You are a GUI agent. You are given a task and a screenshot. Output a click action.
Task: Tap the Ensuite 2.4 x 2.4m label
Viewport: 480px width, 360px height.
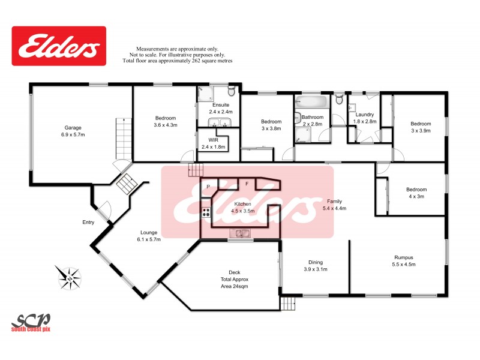(221, 108)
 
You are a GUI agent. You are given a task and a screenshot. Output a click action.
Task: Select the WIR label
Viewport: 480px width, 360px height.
(213, 143)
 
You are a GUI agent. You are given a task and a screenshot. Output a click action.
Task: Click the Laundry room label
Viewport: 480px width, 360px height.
(364, 118)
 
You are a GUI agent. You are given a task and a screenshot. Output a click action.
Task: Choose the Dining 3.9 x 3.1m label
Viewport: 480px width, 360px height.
(315, 265)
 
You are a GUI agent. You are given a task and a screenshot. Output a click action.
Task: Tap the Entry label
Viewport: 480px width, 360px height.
(88, 223)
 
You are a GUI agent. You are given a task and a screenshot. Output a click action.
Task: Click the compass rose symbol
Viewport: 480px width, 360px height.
(70, 277)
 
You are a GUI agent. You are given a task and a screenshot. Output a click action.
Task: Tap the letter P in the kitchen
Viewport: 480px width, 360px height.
(208, 187)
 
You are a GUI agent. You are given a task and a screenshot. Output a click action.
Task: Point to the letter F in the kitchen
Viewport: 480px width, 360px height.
(247, 182)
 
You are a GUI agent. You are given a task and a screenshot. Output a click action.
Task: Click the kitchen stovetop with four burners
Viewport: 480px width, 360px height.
(206, 212)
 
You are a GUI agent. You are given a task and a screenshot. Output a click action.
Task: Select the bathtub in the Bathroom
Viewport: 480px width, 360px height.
(311, 101)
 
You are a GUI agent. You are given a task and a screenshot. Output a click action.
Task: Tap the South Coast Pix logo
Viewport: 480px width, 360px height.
(31, 322)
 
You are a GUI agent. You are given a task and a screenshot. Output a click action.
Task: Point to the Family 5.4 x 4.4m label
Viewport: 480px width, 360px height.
(334, 205)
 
